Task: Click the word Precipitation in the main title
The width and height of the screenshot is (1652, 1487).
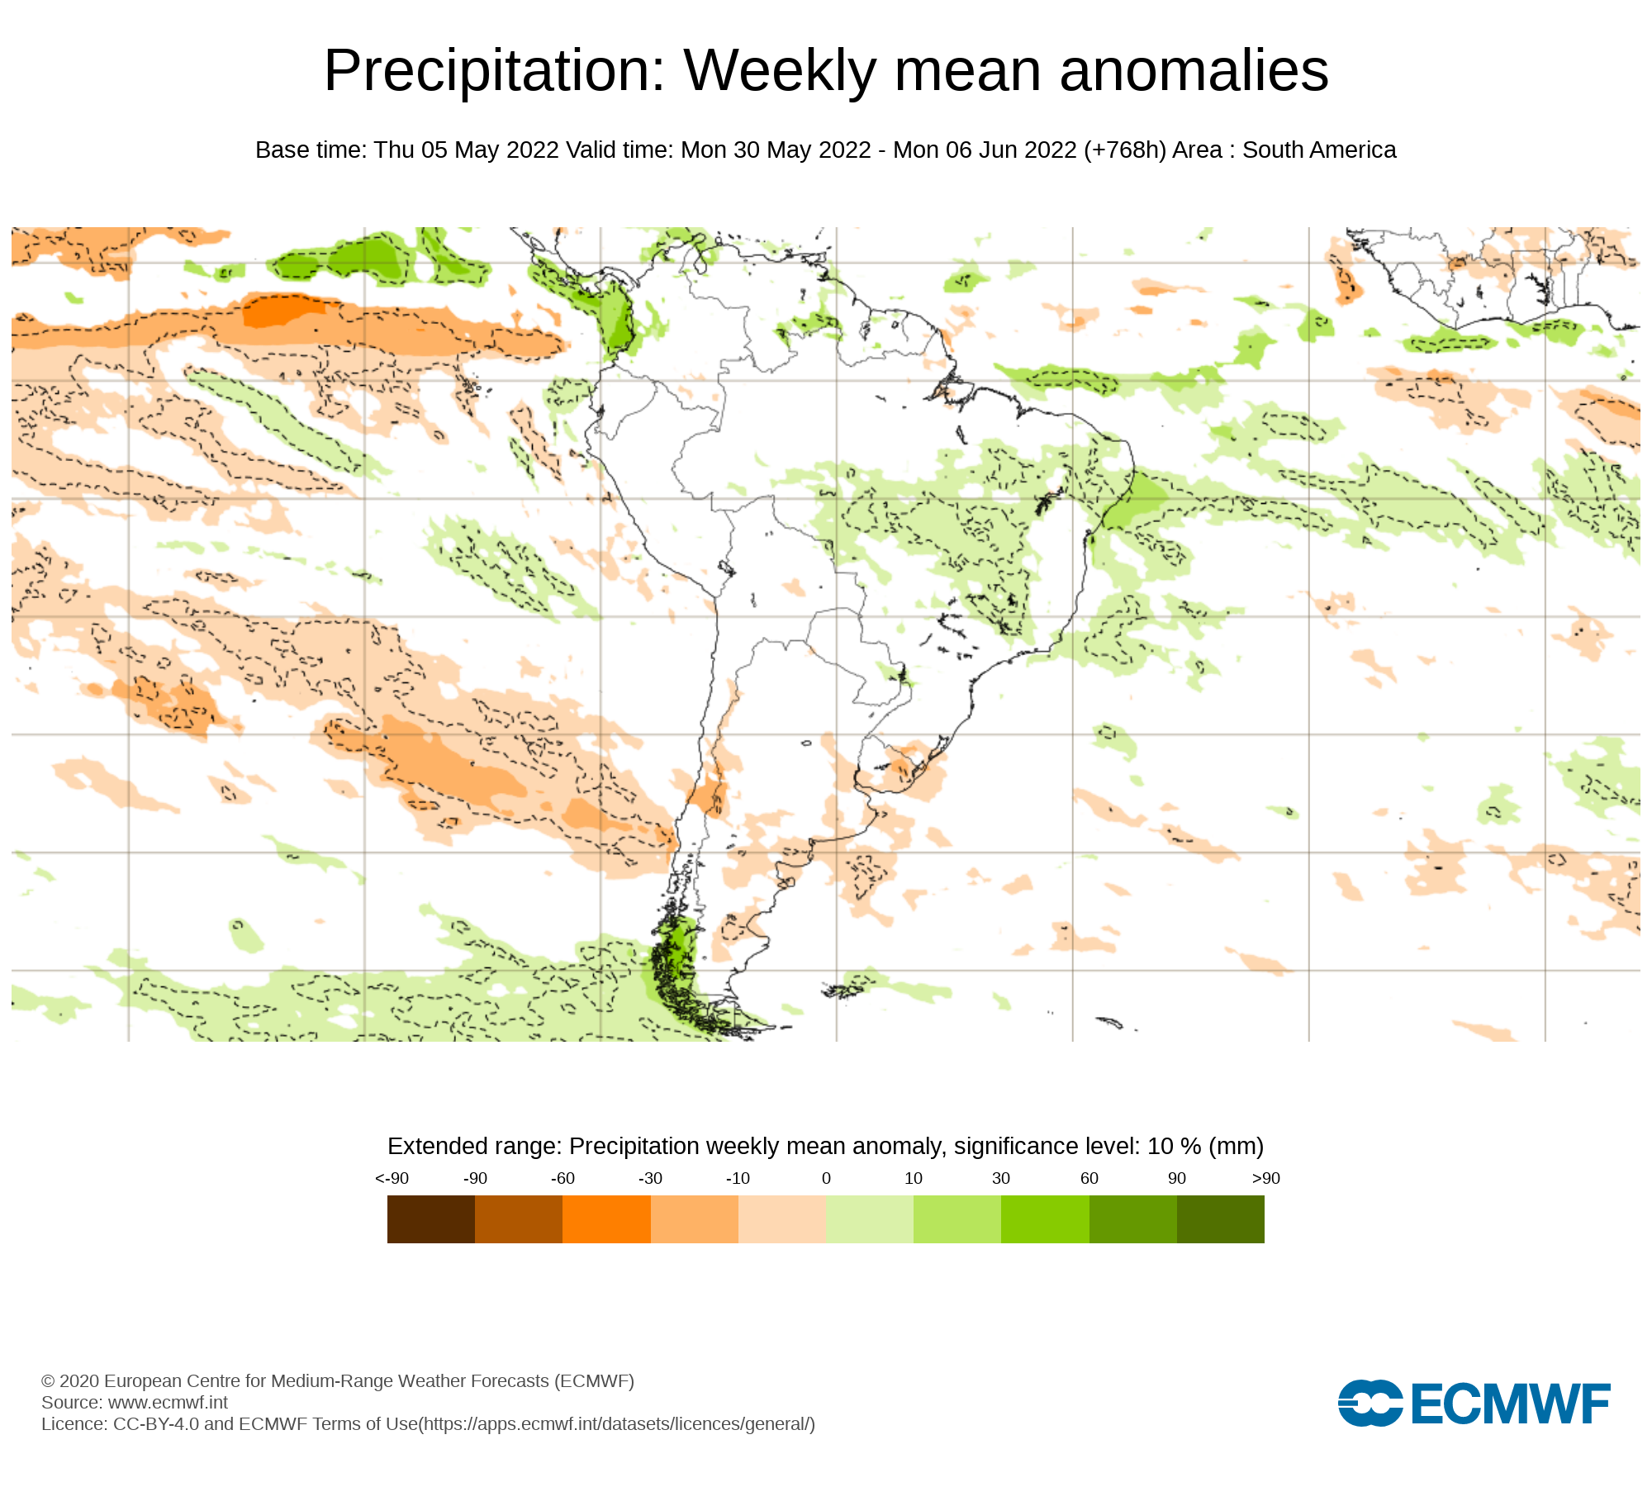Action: [x=494, y=71]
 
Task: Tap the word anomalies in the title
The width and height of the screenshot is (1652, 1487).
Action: [x=1194, y=71]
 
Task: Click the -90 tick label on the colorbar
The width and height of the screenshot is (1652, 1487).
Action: [x=475, y=1178]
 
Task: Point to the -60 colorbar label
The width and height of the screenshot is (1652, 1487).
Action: [x=563, y=1178]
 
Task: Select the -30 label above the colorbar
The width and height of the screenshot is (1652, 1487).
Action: [x=650, y=1178]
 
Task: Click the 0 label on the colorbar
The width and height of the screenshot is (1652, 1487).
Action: [x=826, y=1178]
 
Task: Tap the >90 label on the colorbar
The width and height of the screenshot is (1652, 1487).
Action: [x=1265, y=1178]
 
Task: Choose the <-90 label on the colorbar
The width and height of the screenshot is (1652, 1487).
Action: [x=392, y=1178]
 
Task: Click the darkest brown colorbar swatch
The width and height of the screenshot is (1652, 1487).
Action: [x=431, y=1219]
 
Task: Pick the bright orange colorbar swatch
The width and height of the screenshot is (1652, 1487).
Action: [x=606, y=1219]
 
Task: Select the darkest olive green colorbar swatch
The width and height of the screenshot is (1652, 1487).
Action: [x=1220, y=1219]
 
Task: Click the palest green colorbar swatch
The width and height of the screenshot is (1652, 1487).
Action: [x=869, y=1219]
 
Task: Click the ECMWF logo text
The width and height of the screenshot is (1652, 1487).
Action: [x=1510, y=1404]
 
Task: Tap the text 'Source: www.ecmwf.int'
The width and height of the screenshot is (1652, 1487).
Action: [x=135, y=1402]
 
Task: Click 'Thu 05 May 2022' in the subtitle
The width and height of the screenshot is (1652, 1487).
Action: [x=466, y=150]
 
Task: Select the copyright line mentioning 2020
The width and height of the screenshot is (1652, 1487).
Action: [x=337, y=1380]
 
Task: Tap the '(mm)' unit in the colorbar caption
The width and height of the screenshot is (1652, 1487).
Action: [x=1236, y=1146]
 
